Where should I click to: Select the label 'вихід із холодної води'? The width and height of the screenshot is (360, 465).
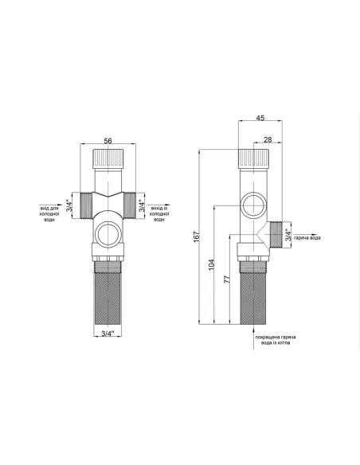[160, 213]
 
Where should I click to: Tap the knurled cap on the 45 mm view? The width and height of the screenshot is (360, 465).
[253, 156]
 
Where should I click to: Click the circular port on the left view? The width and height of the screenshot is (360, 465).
[107, 234]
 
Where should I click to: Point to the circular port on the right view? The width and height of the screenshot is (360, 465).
[253, 203]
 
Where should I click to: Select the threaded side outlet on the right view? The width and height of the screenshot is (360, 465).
[277, 234]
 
